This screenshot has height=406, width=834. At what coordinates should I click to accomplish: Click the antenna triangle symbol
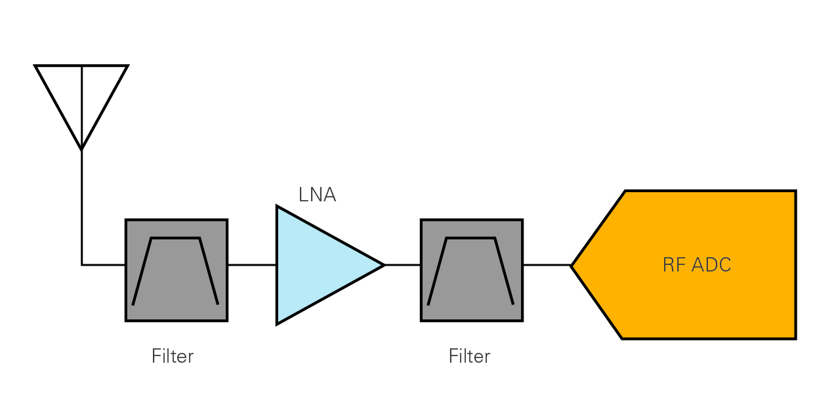pos(81,98)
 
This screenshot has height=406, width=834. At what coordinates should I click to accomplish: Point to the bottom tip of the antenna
pos(81,150)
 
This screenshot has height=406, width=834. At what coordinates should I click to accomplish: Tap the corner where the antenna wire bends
pos(81,265)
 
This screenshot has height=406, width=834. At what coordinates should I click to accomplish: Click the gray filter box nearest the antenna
pos(177,270)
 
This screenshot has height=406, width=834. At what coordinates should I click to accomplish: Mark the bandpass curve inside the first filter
pos(175,238)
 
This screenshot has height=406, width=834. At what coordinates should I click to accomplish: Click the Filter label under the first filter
pos(173,356)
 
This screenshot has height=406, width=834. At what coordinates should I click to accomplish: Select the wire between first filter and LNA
pos(252,265)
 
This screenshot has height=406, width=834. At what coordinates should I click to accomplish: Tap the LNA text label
pos(317,195)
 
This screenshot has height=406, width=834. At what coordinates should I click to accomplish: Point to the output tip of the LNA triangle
pos(383,265)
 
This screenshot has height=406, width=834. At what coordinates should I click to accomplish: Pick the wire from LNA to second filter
pos(402,265)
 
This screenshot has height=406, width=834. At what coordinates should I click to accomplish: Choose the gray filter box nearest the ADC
pos(472,270)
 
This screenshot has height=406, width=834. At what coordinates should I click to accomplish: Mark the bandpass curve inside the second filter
pos(470,238)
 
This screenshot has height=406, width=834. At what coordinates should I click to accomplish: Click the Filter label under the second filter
pos(469,356)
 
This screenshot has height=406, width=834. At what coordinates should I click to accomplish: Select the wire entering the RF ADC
pos(547,265)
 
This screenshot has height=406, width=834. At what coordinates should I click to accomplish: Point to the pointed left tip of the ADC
pos(572,266)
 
